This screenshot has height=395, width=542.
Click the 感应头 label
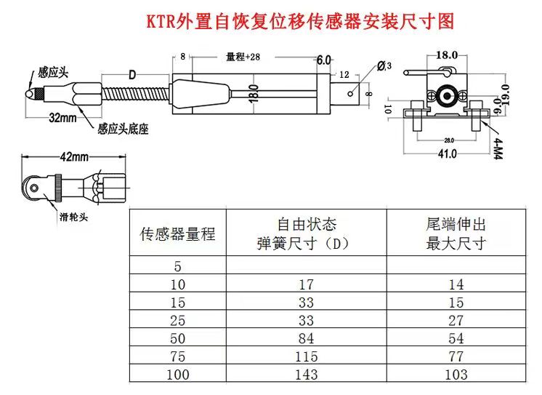53,73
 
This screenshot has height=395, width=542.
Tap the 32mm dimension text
64,117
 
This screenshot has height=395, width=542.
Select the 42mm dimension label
73,156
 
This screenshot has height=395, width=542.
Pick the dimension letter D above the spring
132,74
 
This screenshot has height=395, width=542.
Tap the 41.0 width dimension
446,153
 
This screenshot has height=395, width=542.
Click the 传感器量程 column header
177,234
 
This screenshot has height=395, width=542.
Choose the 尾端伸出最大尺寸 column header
456,234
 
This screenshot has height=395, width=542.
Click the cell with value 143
306,374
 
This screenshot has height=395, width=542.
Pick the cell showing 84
306,338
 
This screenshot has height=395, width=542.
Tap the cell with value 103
456,374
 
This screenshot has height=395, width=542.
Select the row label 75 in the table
177,356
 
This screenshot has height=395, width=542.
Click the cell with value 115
306,356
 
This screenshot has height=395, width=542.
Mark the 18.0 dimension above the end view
446,55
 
